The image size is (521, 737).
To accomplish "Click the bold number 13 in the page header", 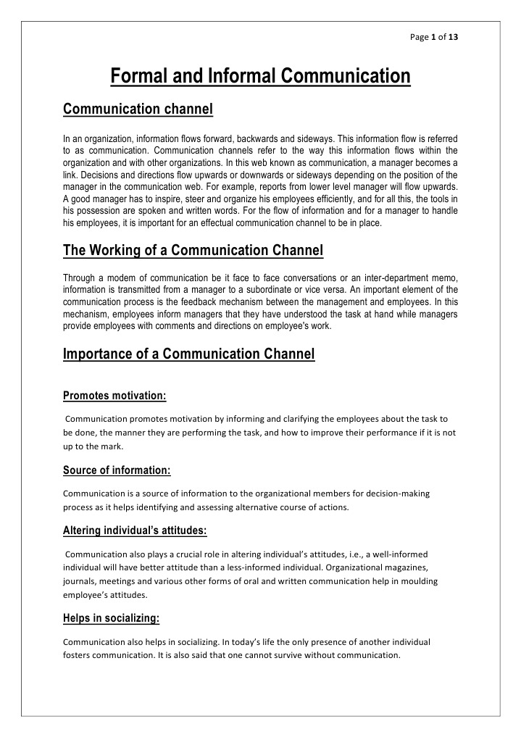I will tap(452, 36).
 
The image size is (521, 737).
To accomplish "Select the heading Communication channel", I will tap(138, 109).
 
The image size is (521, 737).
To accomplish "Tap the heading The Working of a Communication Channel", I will tap(193, 251).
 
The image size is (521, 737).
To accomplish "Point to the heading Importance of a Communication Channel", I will tap(188, 354).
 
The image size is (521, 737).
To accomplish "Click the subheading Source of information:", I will tap(117, 470).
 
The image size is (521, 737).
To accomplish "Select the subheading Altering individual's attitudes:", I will tap(135, 531).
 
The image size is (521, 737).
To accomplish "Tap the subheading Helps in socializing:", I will tap(111, 618).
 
